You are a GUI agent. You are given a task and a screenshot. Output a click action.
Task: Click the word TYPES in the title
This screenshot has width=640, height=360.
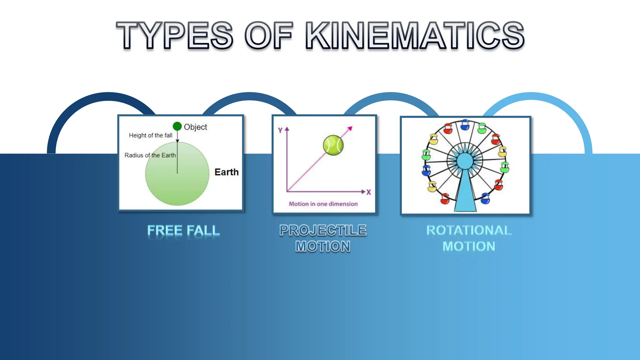(175, 35)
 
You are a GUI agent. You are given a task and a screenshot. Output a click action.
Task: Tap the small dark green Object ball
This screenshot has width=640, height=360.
(177, 126)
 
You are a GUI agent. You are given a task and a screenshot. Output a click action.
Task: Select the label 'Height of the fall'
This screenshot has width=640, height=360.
(150, 135)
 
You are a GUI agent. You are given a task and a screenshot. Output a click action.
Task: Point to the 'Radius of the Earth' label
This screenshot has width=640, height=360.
(150, 155)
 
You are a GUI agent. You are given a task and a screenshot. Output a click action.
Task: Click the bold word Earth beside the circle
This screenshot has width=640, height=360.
(226, 172)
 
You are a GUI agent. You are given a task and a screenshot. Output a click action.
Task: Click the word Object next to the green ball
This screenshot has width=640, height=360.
(195, 127)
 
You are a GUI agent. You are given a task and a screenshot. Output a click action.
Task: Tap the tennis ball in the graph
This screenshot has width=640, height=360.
(333, 145)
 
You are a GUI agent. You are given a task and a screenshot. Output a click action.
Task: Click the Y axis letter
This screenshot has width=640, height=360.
(280, 131)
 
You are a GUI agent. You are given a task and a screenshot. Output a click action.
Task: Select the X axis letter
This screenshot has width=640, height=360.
(369, 192)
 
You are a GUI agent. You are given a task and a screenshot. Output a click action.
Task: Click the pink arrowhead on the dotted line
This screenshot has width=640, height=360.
(350, 128)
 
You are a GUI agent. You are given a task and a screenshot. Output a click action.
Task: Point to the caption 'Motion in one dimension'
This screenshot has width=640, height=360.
(323, 204)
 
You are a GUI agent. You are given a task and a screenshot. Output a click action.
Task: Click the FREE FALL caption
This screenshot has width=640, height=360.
(183, 231)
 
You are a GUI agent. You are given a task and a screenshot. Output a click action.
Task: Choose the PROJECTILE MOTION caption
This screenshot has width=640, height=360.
(323, 238)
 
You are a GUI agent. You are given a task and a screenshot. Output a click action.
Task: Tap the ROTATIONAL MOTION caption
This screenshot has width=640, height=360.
(469, 238)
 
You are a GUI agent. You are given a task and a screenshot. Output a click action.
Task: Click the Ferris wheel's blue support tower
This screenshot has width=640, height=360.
(465, 194)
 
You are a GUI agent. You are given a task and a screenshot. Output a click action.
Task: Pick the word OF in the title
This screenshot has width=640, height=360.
(268, 35)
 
